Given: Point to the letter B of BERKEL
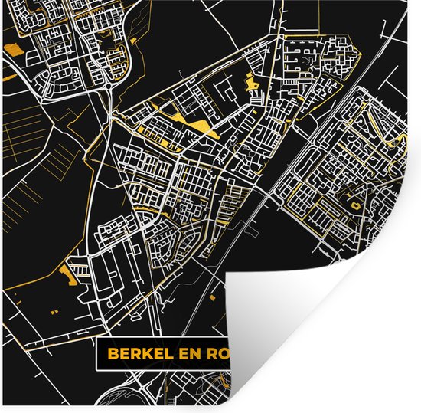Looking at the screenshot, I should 112,355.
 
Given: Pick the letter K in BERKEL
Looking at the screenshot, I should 151,355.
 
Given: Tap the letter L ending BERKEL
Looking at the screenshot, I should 171,355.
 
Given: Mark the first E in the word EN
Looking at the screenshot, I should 188,355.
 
